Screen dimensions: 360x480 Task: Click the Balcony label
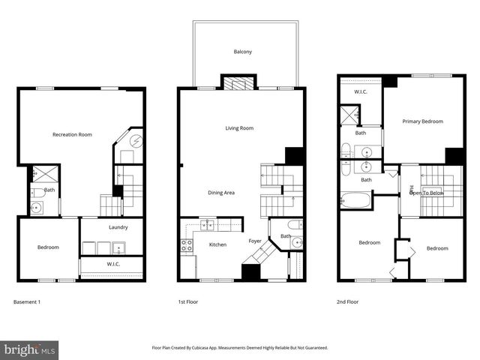[x=241, y=52]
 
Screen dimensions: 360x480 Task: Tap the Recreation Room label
[x=72, y=135]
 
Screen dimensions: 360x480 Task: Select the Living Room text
[x=239, y=128]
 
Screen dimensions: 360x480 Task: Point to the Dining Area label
[x=221, y=193]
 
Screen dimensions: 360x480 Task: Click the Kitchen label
[x=217, y=244]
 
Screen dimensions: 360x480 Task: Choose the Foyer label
[x=256, y=241]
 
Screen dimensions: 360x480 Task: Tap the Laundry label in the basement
[x=118, y=227]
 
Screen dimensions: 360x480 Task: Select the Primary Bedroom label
[x=422, y=121]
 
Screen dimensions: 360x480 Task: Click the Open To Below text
[x=425, y=193]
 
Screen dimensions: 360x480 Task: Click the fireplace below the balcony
[x=239, y=83]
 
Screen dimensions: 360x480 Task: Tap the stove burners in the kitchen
[x=186, y=244]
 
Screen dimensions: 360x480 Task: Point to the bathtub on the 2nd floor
[x=355, y=201]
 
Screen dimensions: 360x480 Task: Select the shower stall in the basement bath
[x=37, y=174]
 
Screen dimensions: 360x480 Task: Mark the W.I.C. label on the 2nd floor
[x=360, y=93]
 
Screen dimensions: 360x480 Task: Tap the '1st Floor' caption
[x=187, y=302]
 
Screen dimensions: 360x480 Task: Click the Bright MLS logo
[x=30, y=349]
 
